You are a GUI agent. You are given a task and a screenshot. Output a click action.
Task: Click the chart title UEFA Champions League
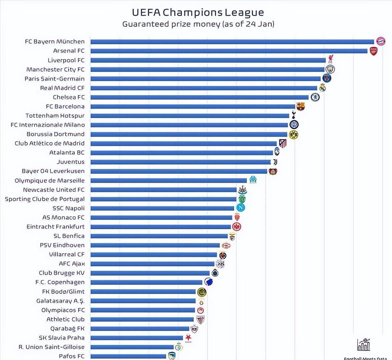pos(198,12)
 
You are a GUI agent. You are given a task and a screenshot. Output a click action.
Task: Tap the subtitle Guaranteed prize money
pos(198,24)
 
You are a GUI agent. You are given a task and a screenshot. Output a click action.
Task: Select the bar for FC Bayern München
pos(232,42)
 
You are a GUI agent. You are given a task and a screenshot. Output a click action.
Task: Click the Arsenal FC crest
pos(374,51)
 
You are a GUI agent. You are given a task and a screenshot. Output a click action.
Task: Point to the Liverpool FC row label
pos(66,60)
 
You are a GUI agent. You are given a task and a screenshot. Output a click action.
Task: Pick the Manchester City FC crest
pos(330,69)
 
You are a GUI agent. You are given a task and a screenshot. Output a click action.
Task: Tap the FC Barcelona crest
pos(300,106)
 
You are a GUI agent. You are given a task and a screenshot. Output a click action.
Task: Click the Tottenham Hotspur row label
pos(55,116)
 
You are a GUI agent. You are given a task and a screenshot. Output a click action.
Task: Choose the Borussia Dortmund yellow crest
pos(293,134)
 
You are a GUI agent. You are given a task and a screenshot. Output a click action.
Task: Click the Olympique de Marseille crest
pos(253,179)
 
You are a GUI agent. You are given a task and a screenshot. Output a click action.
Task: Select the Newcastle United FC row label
pos(54,190)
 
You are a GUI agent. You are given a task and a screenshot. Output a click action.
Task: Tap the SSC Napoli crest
pos(240,208)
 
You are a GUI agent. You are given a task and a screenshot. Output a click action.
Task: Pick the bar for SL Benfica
pos(159,236)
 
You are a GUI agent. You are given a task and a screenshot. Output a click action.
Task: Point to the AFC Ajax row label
pos(72,264)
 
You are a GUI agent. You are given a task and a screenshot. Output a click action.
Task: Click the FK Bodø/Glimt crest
pos(201,292)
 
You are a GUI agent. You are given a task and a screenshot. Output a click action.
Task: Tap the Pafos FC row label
pos(72,356)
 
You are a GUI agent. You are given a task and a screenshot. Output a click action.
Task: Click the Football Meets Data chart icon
pos(364,345)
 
